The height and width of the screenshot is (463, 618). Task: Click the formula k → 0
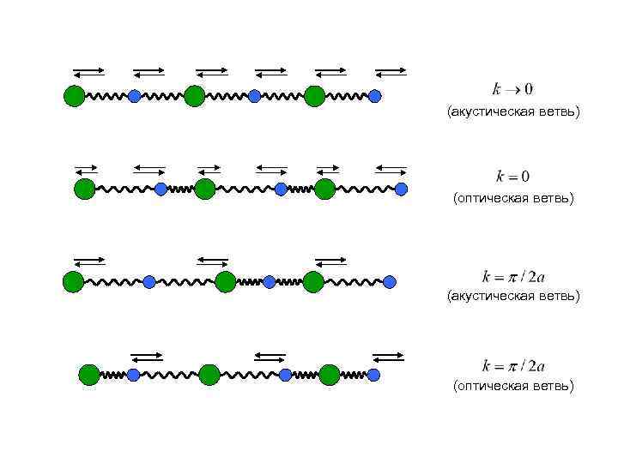point(512,89)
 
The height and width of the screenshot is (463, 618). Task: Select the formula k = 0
point(512,177)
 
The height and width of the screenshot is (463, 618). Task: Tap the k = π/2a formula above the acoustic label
point(513,276)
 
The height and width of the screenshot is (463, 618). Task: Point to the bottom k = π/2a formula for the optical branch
point(513,365)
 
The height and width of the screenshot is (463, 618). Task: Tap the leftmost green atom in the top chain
point(75,96)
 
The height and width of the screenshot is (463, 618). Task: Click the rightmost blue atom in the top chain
point(374,96)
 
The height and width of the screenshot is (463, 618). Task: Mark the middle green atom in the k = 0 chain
point(204,189)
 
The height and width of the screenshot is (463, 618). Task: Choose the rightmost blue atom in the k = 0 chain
point(401,189)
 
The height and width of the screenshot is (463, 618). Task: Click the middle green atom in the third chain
point(225,281)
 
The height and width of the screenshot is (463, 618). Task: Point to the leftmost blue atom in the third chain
point(149,281)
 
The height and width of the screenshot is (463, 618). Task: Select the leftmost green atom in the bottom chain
point(89,375)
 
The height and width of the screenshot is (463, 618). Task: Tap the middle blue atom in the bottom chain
point(285,375)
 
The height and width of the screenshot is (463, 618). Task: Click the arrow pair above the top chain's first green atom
point(89,72)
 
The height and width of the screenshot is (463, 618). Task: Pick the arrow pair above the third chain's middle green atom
point(213,259)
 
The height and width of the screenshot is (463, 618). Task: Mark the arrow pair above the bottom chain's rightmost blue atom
point(388,355)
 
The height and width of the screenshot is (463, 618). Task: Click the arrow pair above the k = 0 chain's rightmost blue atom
point(391,169)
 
